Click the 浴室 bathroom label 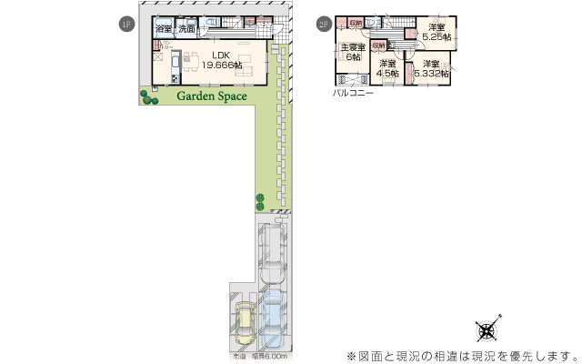pyautogui.click(x=163, y=30)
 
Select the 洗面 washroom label pyautogui.click(x=186, y=30)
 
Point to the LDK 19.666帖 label pyautogui.click(x=221, y=61)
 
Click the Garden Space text pyautogui.click(x=211, y=96)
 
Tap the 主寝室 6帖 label pyautogui.click(x=353, y=53)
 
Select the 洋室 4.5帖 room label pyautogui.click(x=388, y=67)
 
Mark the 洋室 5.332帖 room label pyautogui.click(x=430, y=68)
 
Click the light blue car pyautogui.click(x=272, y=318)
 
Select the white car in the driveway pyautogui.click(x=271, y=257)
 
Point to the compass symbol pyautogui.click(x=487, y=329)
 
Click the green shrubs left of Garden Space pyautogui.click(x=147, y=95)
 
